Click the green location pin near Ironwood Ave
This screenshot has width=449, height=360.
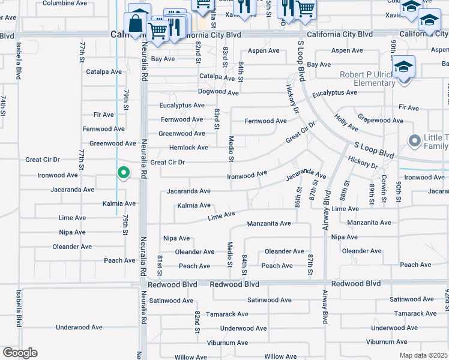[x=124, y=173]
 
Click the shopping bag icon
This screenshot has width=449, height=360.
[x=136, y=25]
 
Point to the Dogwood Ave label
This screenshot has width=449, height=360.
[x=219, y=92]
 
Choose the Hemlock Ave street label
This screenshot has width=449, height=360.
[x=188, y=148]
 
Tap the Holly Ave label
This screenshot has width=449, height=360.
[x=346, y=123]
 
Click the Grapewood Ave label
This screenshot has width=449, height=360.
[x=381, y=120]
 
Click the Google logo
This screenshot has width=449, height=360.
[x=19, y=353]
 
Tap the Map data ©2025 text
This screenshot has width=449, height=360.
[x=423, y=355]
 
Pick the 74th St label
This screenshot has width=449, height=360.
[x=4, y=105]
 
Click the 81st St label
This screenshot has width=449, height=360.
[x=160, y=262]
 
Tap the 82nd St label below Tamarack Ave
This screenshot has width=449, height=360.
[x=197, y=322]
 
